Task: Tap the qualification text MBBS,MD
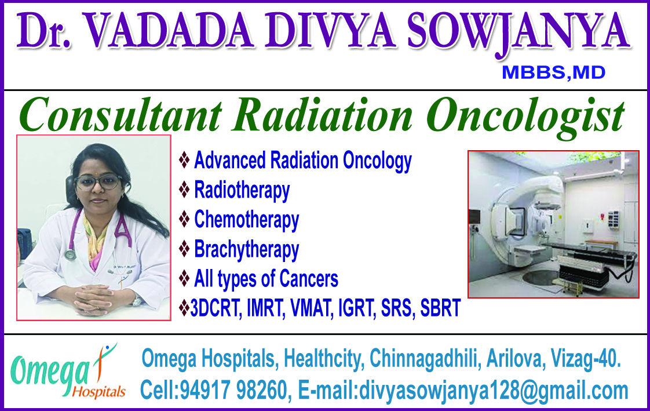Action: pos(553,72)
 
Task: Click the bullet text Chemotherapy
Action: pos(246,220)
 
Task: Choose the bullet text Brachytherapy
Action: pos(246,249)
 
